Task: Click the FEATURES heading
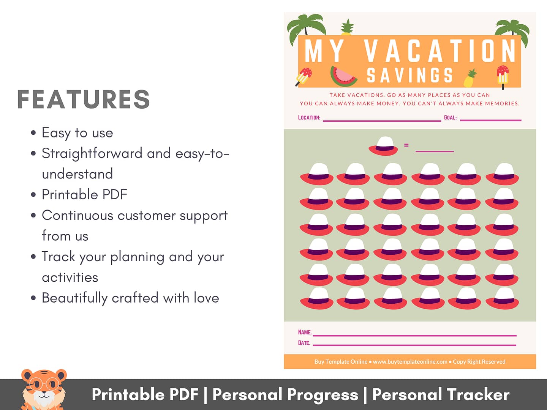[x=84, y=99]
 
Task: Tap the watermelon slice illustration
[x=344, y=76]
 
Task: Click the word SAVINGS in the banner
[x=410, y=75]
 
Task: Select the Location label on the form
[x=309, y=118]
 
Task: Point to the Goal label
[x=450, y=118]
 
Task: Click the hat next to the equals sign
[x=383, y=146]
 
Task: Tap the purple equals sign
[x=406, y=145]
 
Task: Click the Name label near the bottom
[x=305, y=332]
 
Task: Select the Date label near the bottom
[x=304, y=343]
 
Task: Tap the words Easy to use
[x=77, y=133]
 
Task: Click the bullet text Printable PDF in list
[x=84, y=194]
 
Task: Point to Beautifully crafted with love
[x=130, y=298]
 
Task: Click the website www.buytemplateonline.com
[x=410, y=361]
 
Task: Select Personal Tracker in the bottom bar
[x=441, y=394]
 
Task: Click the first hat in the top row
[x=317, y=174]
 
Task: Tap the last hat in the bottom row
[x=502, y=298]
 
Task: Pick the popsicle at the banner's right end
[x=503, y=77]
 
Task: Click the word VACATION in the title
[x=440, y=51]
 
